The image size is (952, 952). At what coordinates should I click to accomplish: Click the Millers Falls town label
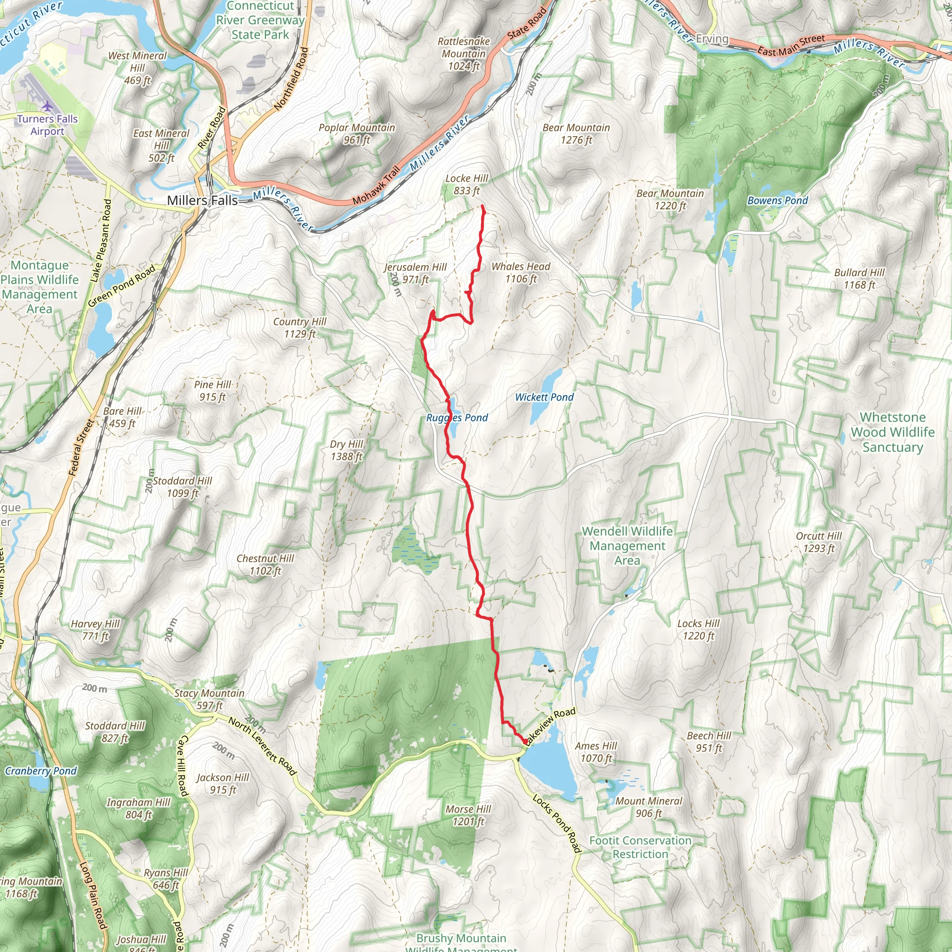point(202,200)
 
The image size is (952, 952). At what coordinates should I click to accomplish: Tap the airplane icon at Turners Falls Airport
point(47,106)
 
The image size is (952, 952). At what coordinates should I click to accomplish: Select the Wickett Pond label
point(544,397)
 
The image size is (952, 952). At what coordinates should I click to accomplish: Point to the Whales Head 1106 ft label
point(521,272)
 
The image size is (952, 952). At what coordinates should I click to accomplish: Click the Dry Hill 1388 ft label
point(346,450)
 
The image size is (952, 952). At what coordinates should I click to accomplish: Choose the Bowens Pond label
point(778,200)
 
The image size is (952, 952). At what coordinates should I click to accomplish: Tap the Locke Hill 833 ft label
point(466,184)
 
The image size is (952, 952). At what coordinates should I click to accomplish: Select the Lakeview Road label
point(551,725)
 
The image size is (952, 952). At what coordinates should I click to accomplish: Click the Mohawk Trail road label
point(377,186)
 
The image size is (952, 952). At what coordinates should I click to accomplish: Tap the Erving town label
point(712,39)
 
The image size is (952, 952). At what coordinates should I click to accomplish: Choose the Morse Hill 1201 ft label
point(468,815)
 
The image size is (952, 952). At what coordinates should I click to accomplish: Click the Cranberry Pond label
point(41,771)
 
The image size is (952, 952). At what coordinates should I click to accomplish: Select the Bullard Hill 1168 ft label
point(859,278)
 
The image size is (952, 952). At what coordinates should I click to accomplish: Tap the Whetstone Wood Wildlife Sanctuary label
point(892,432)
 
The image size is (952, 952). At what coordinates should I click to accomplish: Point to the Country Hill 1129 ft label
point(300,328)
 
